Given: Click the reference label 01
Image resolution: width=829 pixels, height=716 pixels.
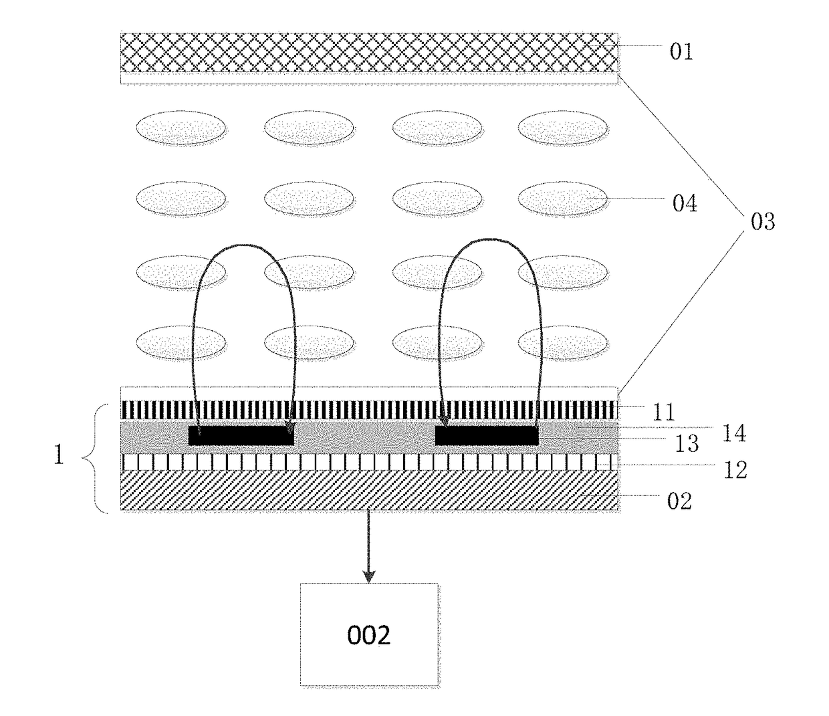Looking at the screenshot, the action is click(681, 51).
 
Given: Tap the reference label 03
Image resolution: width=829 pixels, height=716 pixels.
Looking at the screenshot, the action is click(763, 222).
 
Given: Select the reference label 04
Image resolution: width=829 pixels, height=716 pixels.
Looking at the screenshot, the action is click(685, 203).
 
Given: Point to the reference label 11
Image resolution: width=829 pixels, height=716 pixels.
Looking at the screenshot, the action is click(664, 412).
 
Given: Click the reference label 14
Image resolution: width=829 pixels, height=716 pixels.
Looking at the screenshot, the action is click(734, 434).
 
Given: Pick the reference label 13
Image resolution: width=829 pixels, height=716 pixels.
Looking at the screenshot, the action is click(687, 444).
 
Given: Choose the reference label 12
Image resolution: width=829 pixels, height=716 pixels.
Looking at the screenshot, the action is click(735, 471).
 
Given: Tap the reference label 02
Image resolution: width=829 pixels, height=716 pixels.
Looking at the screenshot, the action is click(679, 501).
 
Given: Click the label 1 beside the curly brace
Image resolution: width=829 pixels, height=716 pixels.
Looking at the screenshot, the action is click(59, 455).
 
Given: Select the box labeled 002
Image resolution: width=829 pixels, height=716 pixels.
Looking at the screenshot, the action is click(369, 634).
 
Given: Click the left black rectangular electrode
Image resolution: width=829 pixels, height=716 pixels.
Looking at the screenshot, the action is click(241, 436).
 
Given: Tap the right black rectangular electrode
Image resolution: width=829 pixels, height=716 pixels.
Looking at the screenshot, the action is click(487, 436).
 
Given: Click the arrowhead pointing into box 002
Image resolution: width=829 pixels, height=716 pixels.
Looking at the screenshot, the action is click(369, 577).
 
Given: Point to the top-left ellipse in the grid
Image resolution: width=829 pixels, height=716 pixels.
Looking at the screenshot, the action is click(181, 128).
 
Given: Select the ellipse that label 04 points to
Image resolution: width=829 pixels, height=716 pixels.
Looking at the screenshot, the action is click(562, 199).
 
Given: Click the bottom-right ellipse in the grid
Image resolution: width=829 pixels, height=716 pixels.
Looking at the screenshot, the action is click(562, 343).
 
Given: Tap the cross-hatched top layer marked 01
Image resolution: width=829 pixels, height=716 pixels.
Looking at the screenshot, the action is click(369, 53).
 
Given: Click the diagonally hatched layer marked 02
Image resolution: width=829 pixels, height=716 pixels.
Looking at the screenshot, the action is click(369, 490).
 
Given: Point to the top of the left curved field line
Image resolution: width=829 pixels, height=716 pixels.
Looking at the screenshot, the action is click(245, 244).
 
